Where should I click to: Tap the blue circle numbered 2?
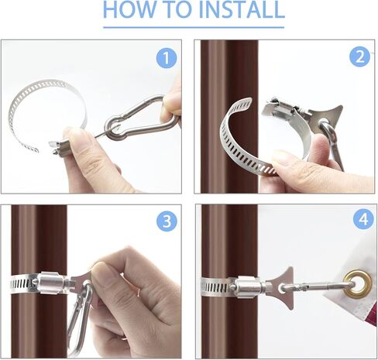pos(359,57)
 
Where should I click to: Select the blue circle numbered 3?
pos(167,221)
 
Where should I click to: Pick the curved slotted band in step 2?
pos(240,147)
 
